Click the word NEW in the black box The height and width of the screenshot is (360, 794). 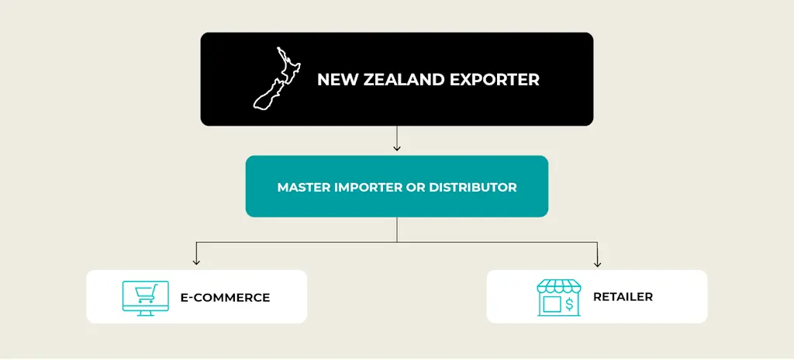pos(335,79)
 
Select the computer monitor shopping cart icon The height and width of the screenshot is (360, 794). pos(145,296)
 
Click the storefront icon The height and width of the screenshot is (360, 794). pos(558,296)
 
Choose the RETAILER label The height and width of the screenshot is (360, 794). pos(623,296)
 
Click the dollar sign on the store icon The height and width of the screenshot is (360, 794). pos(569,303)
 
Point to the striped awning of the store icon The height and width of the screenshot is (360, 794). pos(558,286)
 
